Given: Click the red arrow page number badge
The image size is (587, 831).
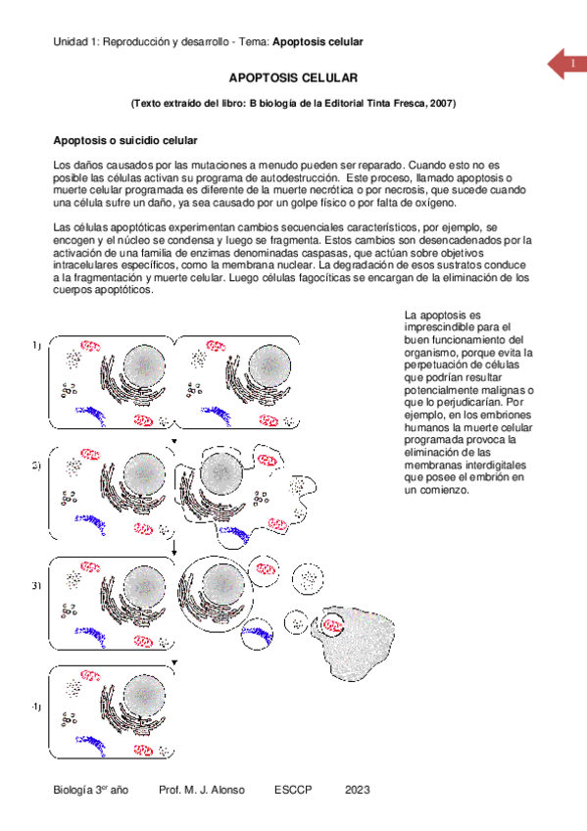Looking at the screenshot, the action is (x=567, y=64).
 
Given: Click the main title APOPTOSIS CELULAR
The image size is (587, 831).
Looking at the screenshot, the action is (x=293, y=78).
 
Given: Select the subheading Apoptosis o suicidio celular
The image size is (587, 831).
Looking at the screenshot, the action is (x=125, y=140).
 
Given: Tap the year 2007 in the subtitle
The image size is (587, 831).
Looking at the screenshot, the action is (x=440, y=103).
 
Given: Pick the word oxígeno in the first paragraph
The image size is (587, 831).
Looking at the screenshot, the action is (x=436, y=203).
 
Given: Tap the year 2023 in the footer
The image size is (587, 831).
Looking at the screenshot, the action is (x=357, y=790).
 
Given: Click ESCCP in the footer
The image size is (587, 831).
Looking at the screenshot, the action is (x=293, y=790).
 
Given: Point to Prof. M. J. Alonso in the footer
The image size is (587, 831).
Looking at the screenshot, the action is (x=202, y=790).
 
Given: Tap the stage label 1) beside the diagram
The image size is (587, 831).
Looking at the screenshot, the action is (x=36, y=346).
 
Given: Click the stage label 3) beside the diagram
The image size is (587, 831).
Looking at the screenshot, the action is (x=36, y=586).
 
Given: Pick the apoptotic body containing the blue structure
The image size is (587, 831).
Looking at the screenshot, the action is (x=257, y=634).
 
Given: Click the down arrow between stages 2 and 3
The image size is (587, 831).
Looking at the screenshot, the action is (x=173, y=548).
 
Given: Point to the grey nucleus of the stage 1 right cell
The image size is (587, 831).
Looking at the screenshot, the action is (x=269, y=367).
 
